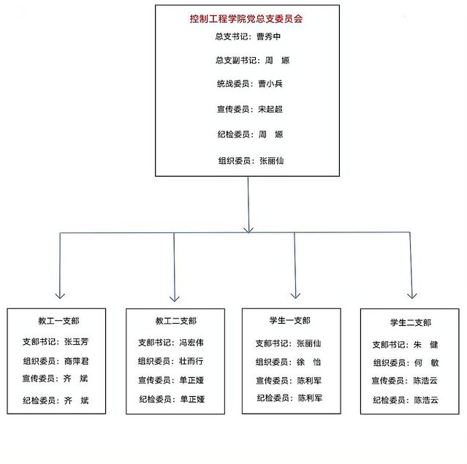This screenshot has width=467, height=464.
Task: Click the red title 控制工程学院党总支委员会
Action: click(x=246, y=19)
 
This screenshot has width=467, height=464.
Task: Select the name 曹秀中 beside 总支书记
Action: click(x=269, y=37)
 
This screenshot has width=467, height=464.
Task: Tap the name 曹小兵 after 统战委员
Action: click(x=270, y=84)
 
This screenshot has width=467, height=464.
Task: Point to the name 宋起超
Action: click(x=270, y=109)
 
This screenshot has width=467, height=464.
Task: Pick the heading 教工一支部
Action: click(x=58, y=321)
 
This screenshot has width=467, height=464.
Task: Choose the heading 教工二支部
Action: click(x=175, y=321)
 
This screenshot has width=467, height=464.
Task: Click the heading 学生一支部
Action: click(x=290, y=321)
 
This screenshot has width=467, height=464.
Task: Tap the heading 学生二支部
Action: click(x=411, y=322)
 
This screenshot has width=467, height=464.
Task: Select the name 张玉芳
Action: click(x=76, y=341)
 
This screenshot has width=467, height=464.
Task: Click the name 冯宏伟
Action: click(x=191, y=343)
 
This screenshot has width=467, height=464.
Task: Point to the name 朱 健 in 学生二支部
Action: click(x=425, y=345)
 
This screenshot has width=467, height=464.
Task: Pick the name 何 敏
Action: click(x=427, y=362)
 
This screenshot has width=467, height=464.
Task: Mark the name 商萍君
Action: click(x=77, y=361)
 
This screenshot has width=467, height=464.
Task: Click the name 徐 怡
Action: click(x=308, y=362)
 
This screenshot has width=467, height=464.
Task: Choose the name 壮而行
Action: click(x=191, y=361)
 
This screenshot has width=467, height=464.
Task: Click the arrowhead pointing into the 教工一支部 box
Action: click(x=60, y=296)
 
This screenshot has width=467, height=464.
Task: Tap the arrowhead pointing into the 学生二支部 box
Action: click(x=412, y=296)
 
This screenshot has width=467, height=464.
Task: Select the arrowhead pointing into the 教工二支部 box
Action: click(x=175, y=299)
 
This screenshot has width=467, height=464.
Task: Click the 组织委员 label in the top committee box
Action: click(x=234, y=161)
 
